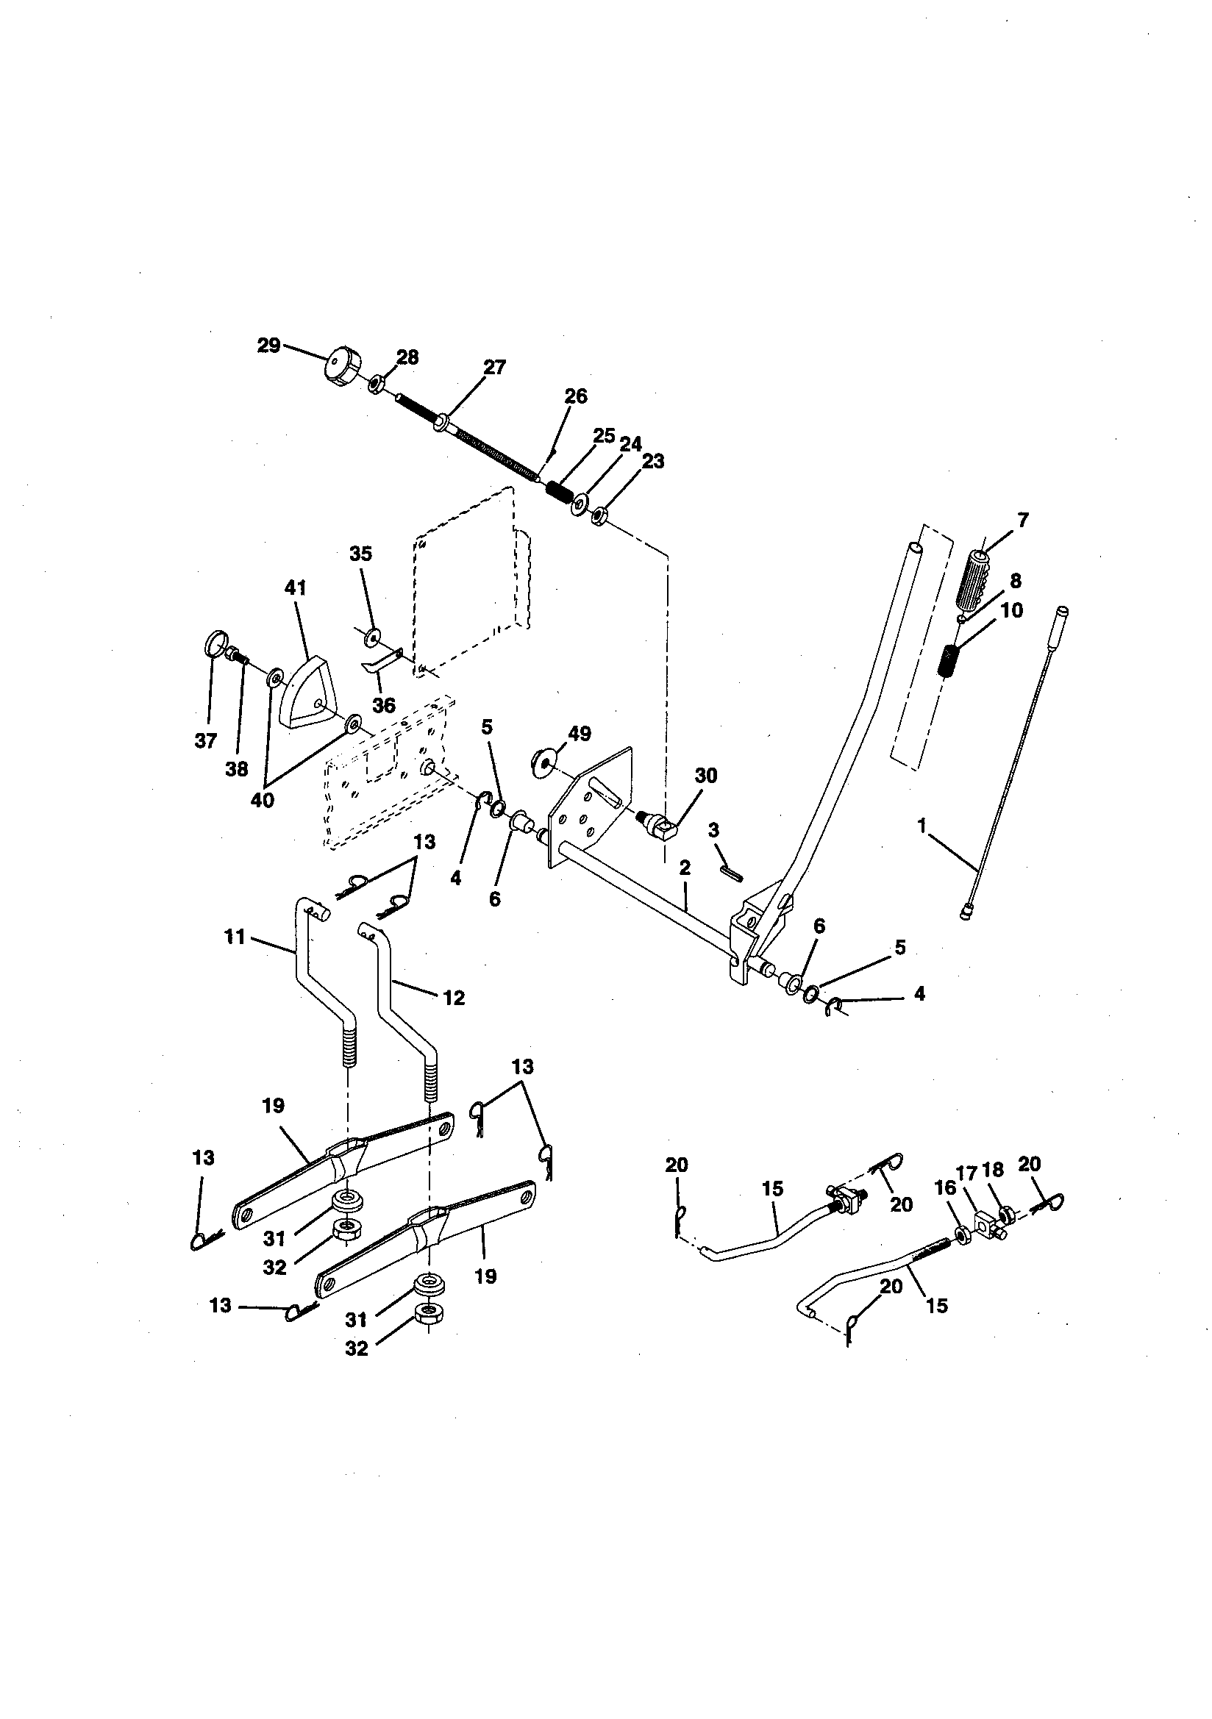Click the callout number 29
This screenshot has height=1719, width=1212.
[268, 346]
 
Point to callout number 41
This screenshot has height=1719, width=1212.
[295, 587]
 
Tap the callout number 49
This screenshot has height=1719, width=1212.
[580, 734]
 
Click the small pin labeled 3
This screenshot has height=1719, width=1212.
[732, 872]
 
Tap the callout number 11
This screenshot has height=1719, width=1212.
[235, 936]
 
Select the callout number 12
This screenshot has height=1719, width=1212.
[454, 997]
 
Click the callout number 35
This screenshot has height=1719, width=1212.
[360, 554]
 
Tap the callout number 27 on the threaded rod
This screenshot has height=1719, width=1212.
[494, 367]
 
